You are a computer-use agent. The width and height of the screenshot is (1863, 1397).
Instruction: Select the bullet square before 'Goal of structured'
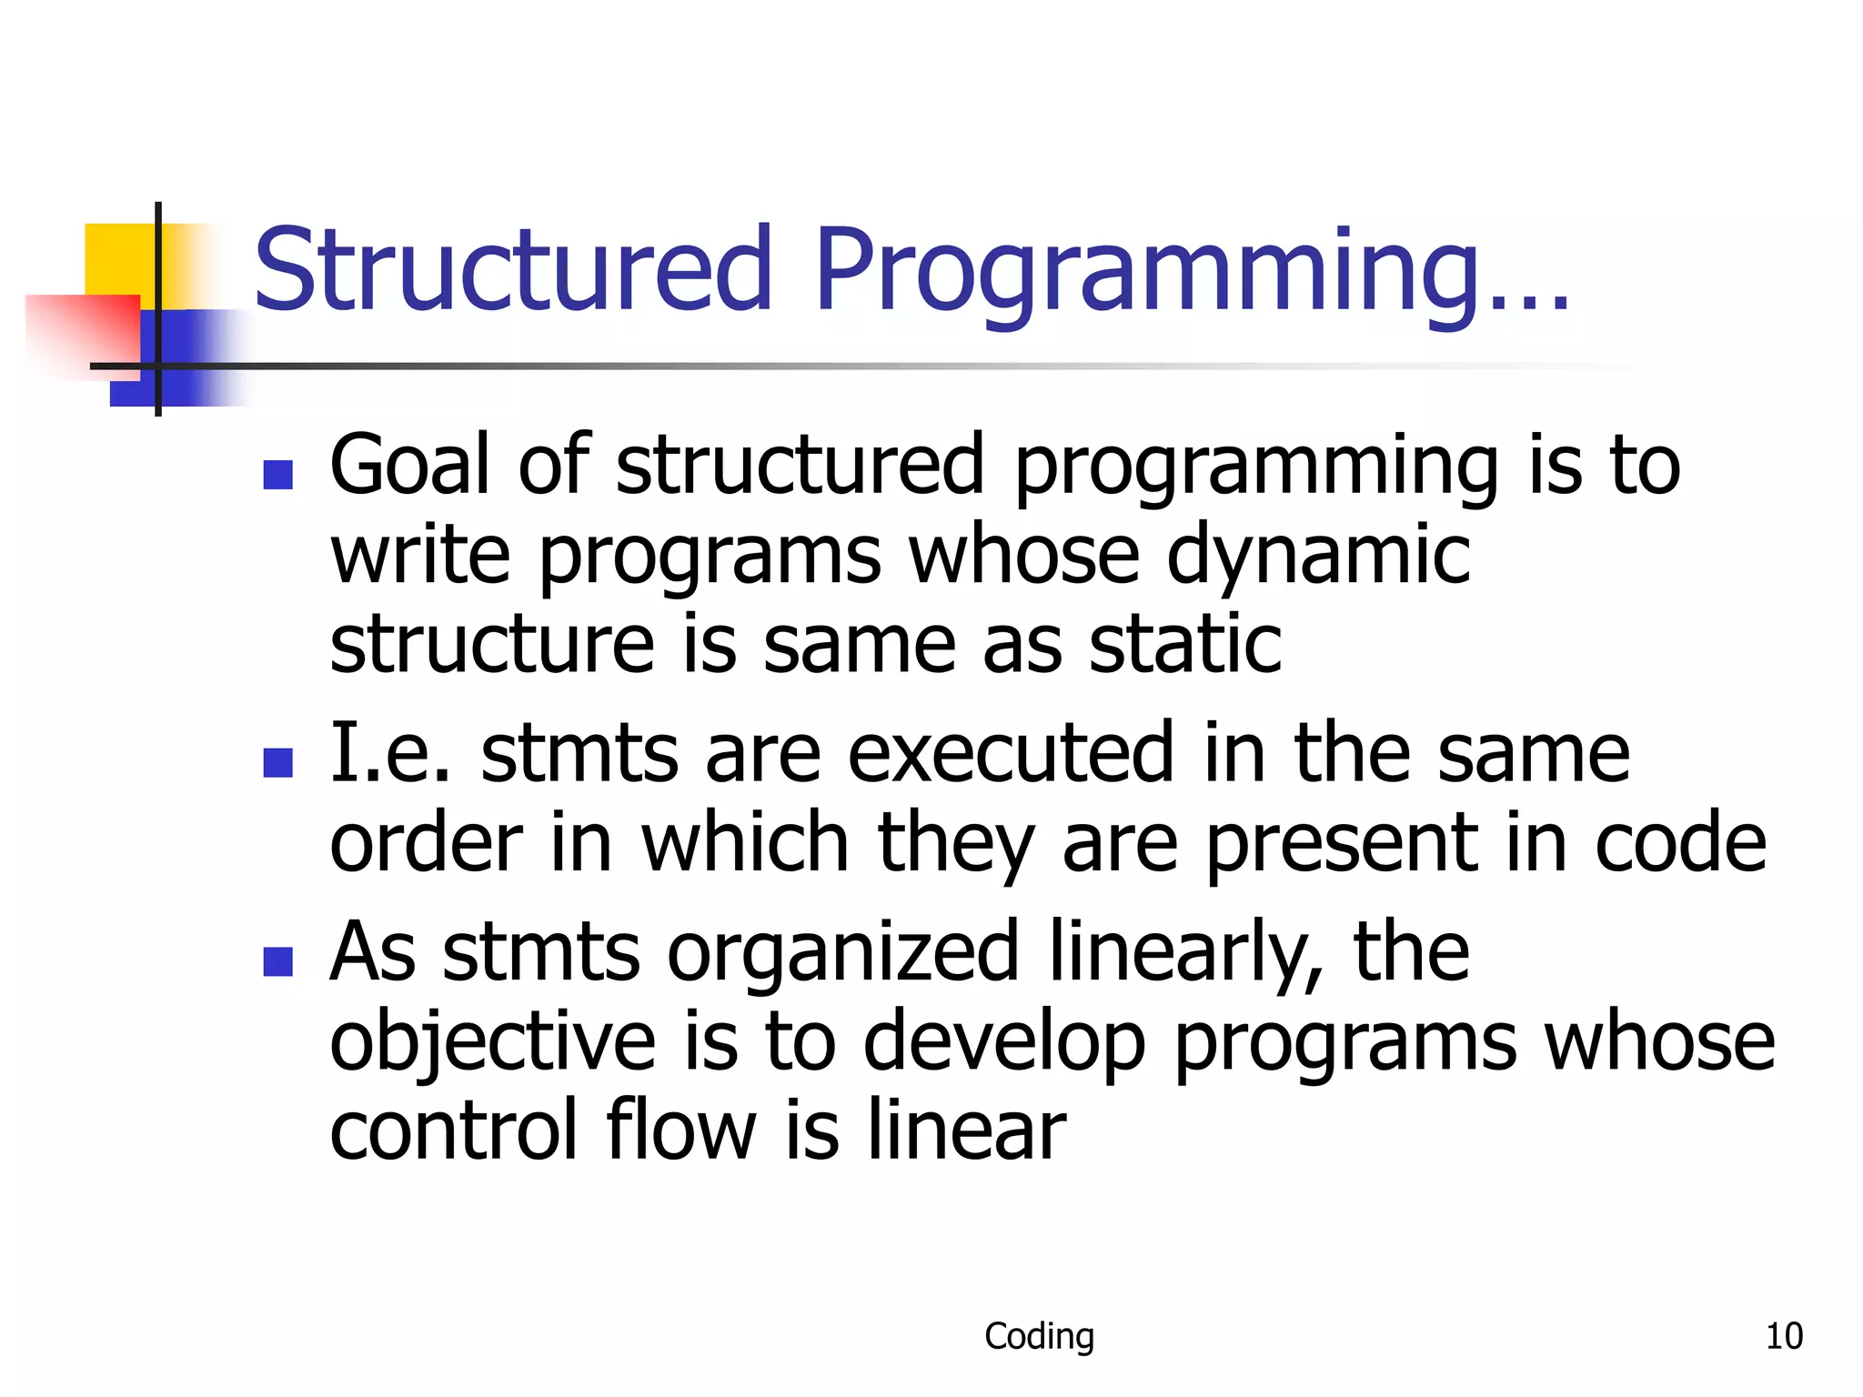pos(277,475)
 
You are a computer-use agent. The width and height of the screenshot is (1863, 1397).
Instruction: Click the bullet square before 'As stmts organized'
pos(277,960)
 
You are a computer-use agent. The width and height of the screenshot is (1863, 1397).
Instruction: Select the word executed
pos(1010,753)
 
